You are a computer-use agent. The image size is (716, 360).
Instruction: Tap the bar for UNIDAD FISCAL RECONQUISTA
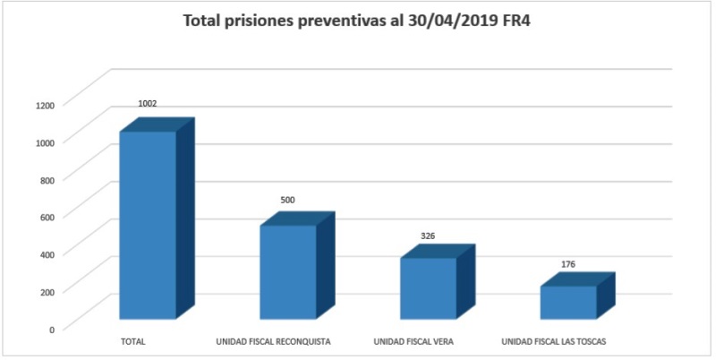click(x=288, y=271)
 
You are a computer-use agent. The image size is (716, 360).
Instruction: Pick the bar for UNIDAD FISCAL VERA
click(x=428, y=287)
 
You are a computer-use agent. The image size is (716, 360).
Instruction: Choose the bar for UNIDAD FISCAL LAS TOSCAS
click(x=567, y=302)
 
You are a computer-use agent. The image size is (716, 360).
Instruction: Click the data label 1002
click(x=148, y=104)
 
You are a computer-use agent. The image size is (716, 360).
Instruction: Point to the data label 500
click(x=287, y=200)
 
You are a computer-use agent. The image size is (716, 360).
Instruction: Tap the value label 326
click(x=428, y=236)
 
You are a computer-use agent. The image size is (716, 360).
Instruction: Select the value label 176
click(x=568, y=264)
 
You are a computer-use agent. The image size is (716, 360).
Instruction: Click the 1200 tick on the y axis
click(x=46, y=105)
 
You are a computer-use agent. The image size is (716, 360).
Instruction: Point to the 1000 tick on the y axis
click(x=46, y=141)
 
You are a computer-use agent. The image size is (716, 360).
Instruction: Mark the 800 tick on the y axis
click(x=47, y=179)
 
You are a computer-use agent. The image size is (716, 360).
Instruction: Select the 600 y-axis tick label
click(x=47, y=216)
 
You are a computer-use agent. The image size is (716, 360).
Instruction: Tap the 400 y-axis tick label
click(x=47, y=253)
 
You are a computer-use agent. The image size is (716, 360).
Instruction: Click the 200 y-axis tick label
click(x=47, y=291)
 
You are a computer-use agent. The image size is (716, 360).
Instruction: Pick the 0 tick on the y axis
click(x=52, y=329)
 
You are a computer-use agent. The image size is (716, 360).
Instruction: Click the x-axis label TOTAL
click(x=132, y=342)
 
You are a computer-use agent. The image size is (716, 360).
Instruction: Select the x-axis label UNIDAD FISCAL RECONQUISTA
click(x=274, y=342)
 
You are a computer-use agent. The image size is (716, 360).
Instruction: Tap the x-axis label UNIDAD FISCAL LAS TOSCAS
click(x=555, y=342)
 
